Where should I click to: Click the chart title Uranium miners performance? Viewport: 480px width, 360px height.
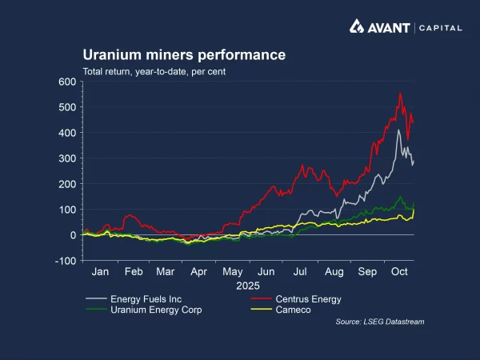click(x=184, y=55)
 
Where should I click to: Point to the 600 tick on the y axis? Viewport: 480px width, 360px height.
click(x=66, y=82)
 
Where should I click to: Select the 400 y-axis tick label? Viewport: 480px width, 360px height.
click(x=66, y=133)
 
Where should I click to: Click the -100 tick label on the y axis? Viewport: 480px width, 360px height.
click(x=65, y=261)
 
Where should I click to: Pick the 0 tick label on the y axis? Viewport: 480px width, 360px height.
click(x=73, y=235)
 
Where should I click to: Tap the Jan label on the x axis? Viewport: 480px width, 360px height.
click(x=101, y=272)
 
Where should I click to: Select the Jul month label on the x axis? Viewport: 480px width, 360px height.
click(x=298, y=272)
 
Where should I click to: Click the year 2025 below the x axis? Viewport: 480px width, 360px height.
click(x=249, y=286)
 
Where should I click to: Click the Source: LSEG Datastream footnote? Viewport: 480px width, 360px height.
click(x=380, y=322)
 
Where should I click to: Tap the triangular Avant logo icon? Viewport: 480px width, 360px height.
click(x=358, y=27)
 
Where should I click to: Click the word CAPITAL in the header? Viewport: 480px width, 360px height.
click(x=439, y=28)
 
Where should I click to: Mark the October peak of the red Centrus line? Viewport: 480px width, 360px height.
click(x=400, y=94)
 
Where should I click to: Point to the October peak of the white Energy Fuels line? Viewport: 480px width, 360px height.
click(x=398, y=130)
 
